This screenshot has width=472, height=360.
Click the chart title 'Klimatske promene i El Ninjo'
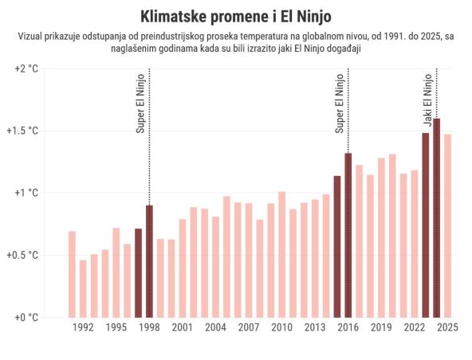click(x=236, y=17)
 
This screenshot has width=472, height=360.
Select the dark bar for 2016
click(x=348, y=235)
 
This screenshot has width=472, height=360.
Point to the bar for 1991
click(x=72, y=274)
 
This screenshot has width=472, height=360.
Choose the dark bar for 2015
click(x=337, y=246)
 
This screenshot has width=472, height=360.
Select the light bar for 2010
click(x=281, y=254)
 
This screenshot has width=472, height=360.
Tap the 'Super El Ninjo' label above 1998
click(x=140, y=104)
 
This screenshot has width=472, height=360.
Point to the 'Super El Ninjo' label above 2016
click(x=340, y=104)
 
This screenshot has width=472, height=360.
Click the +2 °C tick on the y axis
click(x=26, y=68)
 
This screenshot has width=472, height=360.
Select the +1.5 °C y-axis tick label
click(x=23, y=131)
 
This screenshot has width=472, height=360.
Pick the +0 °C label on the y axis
click(x=26, y=317)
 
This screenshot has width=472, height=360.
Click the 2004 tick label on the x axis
click(x=215, y=327)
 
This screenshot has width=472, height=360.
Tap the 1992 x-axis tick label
click(x=83, y=327)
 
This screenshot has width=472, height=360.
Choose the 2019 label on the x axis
click(x=381, y=327)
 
